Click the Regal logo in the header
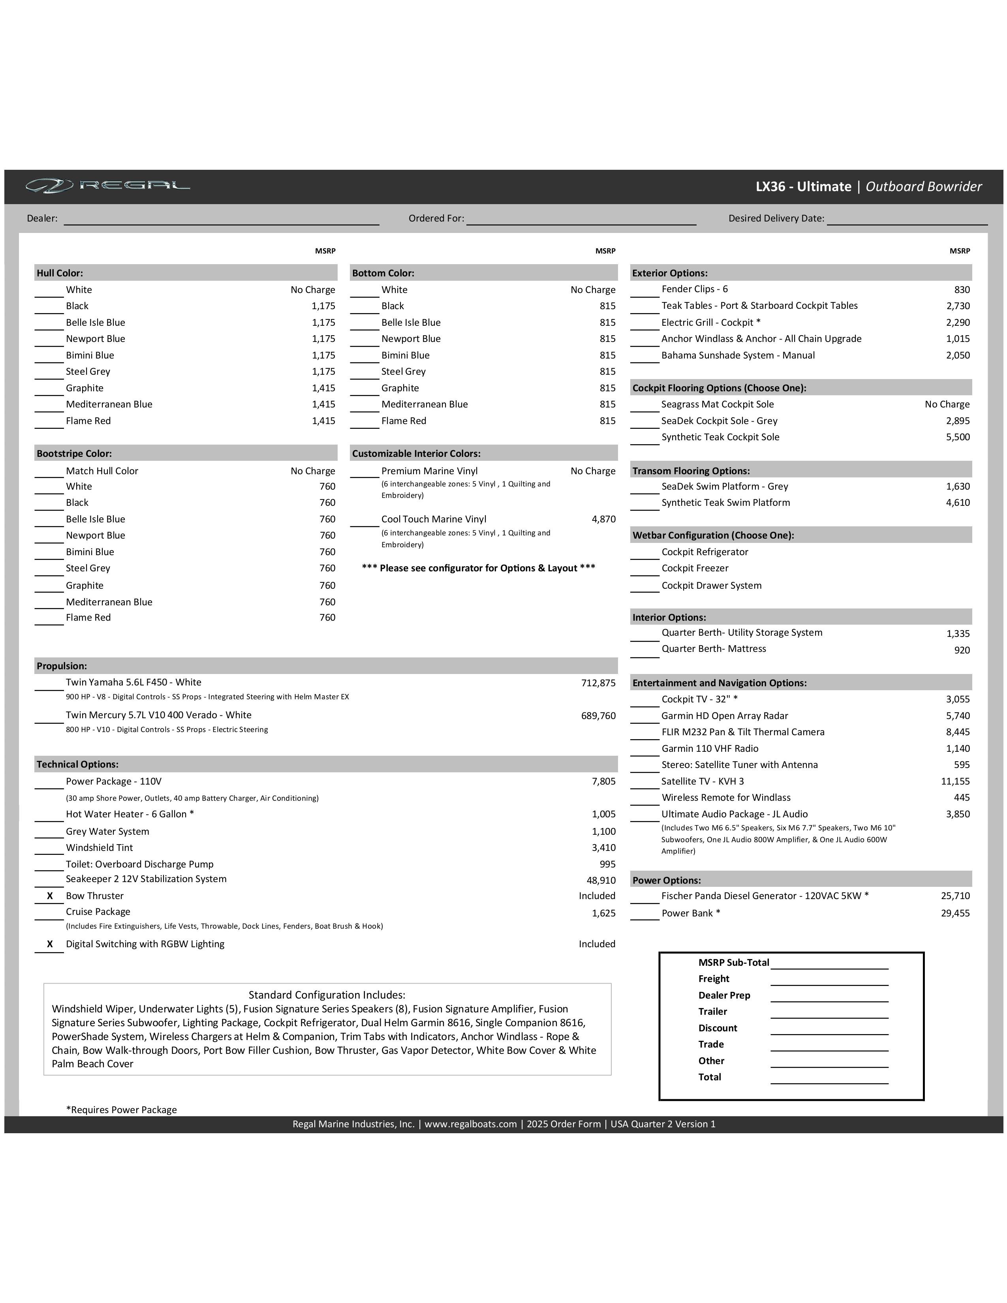click(107, 186)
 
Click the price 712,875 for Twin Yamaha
click(598, 683)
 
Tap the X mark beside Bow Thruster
click(49, 896)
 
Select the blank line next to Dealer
click(221, 220)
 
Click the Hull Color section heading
click(60, 273)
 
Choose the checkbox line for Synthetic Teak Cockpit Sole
click(645, 439)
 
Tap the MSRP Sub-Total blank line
click(829, 963)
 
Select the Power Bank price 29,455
click(955, 913)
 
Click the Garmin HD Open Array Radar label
click(724, 715)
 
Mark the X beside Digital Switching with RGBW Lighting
click(49, 944)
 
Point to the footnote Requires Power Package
click(121, 1110)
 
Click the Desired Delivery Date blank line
click(907, 220)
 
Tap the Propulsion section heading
click(62, 666)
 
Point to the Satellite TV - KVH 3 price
click(955, 781)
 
